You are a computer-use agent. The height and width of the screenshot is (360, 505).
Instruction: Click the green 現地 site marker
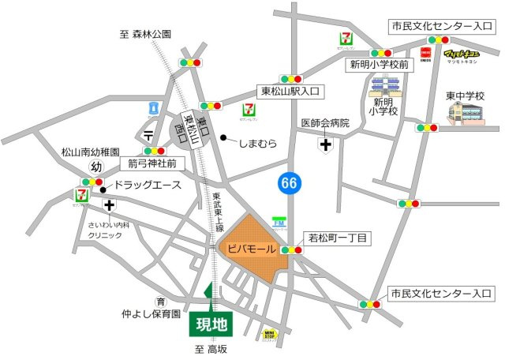click(x=211, y=324)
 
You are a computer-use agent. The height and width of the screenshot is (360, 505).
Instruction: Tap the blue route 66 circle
click(x=290, y=183)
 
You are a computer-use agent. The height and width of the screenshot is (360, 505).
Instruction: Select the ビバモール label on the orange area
click(x=251, y=249)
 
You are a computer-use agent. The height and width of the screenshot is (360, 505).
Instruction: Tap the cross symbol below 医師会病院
click(x=324, y=144)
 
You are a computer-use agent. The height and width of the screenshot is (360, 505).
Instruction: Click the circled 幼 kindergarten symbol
click(x=96, y=167)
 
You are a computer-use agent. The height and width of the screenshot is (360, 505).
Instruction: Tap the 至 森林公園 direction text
click(x=145, y=34)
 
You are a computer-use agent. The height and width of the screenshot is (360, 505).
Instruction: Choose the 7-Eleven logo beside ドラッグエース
click(x=80, y=193)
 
